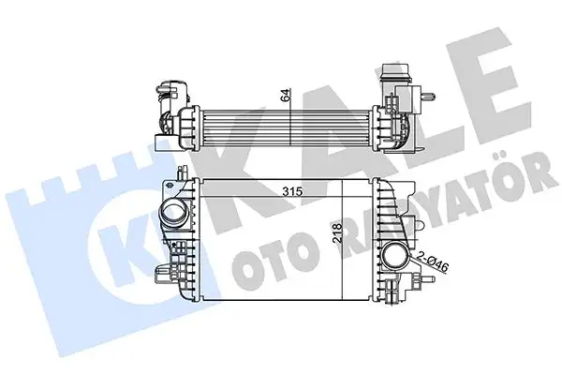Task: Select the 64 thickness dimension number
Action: click(x=283, y=95)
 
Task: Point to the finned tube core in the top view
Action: click(x=281, y=123)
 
